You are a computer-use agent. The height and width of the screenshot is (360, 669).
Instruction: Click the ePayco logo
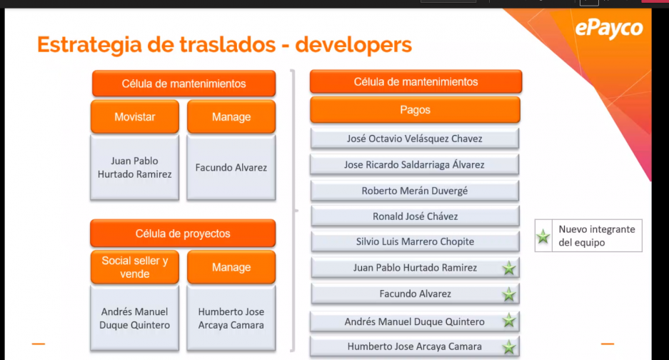[609, 29]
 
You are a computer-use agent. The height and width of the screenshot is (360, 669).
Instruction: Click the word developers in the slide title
[353, 45]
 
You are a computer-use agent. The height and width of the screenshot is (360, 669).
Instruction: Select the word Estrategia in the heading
[89, 45]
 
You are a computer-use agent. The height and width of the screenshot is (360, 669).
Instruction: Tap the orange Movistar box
[135, 116]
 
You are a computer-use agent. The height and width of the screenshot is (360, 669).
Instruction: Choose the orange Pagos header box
[415, 110]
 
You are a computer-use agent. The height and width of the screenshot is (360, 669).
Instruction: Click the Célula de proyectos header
[183, 233]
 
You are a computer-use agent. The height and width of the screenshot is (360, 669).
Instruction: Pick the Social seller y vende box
[135, 267]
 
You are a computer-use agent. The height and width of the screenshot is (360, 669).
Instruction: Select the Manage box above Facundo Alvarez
[231, 116]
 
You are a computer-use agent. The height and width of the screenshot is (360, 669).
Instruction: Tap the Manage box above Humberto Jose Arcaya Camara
[231, 267]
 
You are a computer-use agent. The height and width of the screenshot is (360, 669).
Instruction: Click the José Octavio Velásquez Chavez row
[415, 139]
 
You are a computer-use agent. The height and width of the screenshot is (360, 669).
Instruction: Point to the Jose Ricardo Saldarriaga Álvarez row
[415, 164]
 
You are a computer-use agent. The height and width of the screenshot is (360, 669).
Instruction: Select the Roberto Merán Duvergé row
[415, 191]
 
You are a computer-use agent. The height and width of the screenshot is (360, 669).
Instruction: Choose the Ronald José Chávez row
[415, 216]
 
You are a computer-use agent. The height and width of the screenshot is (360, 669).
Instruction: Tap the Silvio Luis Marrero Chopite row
[415, 241]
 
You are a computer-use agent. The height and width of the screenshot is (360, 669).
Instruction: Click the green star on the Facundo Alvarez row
[508, 294]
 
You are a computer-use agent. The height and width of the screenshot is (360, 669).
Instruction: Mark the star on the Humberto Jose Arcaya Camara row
[508, 347]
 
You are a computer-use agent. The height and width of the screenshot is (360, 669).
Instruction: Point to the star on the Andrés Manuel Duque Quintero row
[508, 320]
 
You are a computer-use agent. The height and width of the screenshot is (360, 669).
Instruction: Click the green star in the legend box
[543, 236]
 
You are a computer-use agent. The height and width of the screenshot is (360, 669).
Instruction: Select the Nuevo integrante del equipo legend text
[596, 236]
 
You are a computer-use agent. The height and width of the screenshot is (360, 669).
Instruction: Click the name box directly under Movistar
[135, 167]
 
